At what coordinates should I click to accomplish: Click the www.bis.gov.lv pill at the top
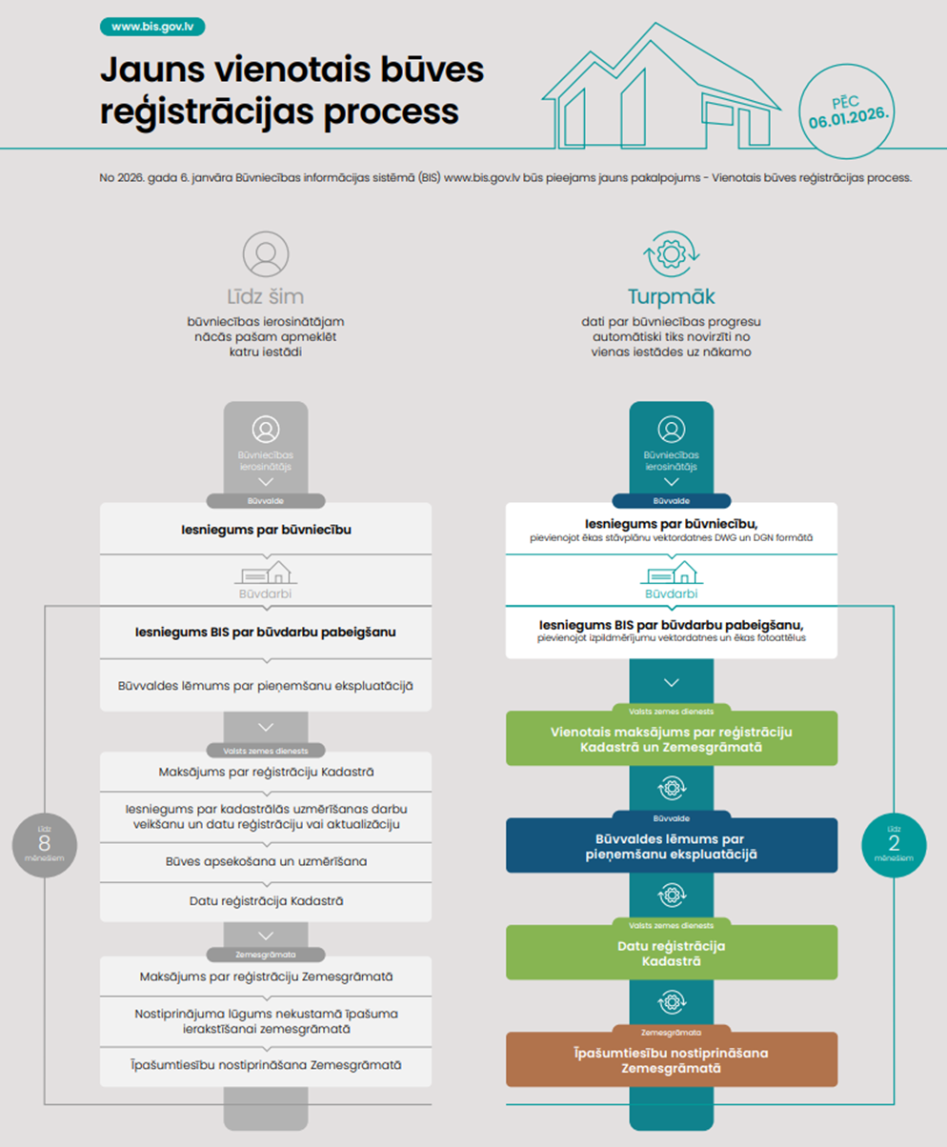tap(151, 27)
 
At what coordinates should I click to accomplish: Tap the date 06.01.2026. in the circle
tap(849, 122)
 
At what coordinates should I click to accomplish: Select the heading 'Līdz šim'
tap(266, 295)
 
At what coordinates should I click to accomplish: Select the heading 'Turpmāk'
tap(672, 295)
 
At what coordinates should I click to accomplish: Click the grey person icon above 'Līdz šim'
tap(266, 253)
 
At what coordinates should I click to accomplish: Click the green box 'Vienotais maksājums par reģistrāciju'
tap(672, 738)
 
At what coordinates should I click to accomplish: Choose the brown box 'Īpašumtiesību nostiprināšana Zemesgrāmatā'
tap(672, 1060)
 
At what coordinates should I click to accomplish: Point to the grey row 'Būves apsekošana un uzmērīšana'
tap(266, 861)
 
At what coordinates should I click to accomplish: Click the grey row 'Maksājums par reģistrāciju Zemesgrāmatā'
tap(266, 976)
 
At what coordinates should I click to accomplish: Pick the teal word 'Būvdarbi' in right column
tap(672, 594)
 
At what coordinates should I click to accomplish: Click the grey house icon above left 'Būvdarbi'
tap(266, 572)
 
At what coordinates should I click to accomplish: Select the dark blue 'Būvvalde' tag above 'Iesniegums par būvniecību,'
tap(672, 499)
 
